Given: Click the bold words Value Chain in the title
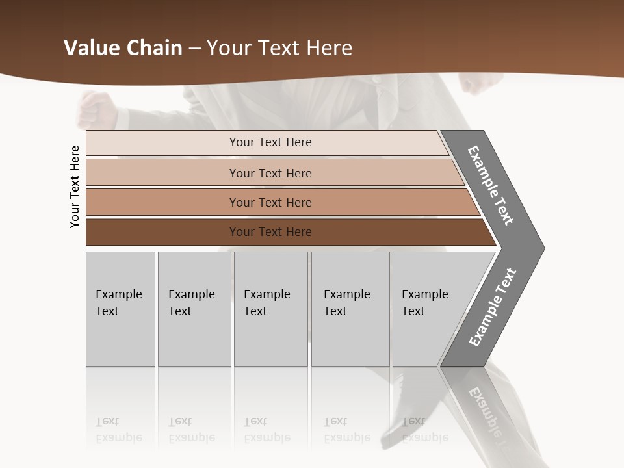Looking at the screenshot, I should tap(123, 48).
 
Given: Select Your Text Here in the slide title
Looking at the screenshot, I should tap(279, 48).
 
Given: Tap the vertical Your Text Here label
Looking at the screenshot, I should tap(75, 187).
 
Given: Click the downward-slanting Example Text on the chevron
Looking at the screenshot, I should tap(491, 185).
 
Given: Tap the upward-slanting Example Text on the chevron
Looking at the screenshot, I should tap(493, 307).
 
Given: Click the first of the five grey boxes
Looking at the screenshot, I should tap(120, 309).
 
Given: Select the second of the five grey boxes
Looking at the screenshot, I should tap(194, 309).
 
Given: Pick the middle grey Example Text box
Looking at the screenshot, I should tap(270, 309).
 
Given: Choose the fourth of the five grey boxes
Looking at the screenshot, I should tap(350, 309).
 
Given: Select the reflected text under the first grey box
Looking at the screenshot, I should tap(118, 430).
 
